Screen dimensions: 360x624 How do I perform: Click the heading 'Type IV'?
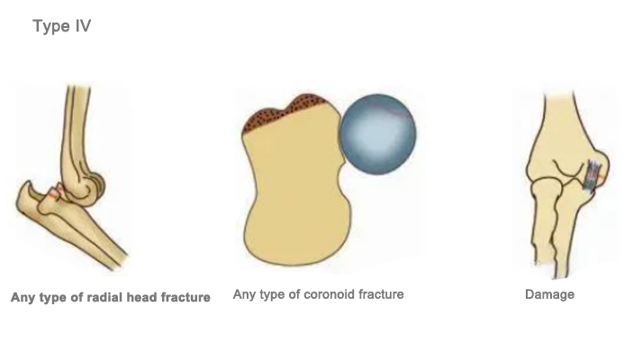(x=61, y=27)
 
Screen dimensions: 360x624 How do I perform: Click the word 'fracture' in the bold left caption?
(x=183, y=297)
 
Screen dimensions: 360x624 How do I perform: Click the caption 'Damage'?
(x=549, y=294)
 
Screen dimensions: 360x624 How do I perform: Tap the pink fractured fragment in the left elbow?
(x=56, y=191)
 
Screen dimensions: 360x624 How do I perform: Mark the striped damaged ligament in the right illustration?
(x=592, y=175)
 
